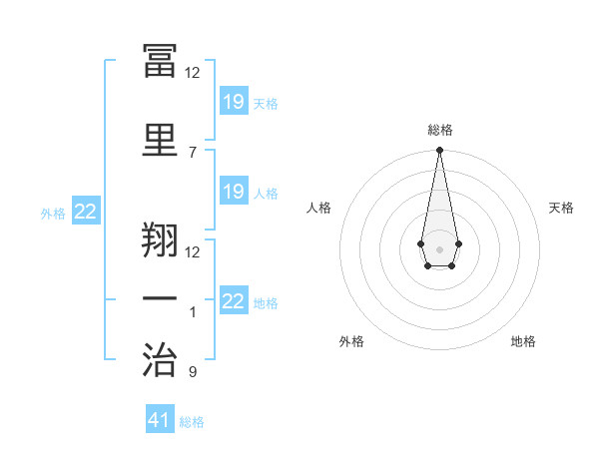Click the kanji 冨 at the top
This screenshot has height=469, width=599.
click(160, 60)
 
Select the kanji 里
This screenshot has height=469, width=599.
click(160, 140)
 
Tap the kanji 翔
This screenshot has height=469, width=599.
click(160, 239)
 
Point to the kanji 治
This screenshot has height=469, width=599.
click(160, 359)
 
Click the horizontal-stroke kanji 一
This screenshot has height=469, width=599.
click(160, 298)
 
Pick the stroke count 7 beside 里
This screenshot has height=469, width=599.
click(193, 153)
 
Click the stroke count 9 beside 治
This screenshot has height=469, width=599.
click(193, 371)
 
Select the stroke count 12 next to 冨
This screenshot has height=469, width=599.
click(192, 73)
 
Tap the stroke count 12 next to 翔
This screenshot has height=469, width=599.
click(192, 252)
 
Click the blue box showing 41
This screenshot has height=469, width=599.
click(160, 418)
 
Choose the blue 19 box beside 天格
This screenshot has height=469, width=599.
click(235, 101)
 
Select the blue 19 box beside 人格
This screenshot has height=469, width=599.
click(235, 191)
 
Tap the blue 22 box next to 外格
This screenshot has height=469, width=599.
click(86, 211)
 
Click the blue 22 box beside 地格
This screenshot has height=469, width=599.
click(235, 299)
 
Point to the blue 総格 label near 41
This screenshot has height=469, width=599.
click(192, 422)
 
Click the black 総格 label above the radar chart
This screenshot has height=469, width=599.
click(440, 130)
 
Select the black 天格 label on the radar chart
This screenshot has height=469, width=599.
click(561, 208)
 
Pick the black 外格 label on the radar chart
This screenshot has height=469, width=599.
click(351, 341)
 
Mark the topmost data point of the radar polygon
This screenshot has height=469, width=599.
click(439, 150)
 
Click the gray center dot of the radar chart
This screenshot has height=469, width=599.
click(439, 249)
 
